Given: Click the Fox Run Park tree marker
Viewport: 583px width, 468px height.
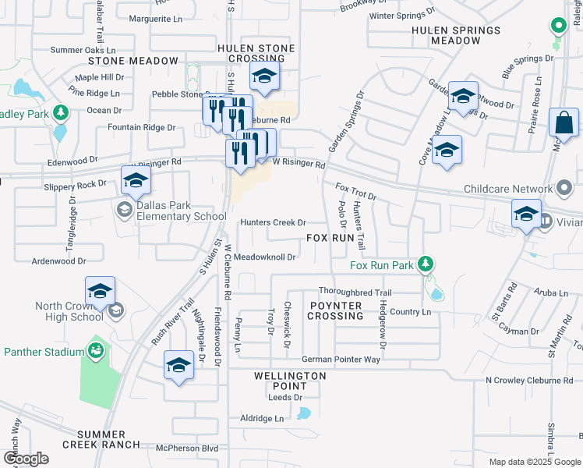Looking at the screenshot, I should (x=425, y=264).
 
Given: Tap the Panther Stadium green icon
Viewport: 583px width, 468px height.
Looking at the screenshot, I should (x=96, y=351).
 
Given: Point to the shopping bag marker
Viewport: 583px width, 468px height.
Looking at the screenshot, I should (x=564, y=125).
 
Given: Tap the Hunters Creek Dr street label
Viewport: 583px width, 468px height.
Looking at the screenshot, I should (x=272, y=222).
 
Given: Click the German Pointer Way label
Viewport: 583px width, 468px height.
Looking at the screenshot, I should (x=341, y=359).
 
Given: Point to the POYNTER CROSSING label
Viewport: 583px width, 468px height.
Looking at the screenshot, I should (x=335, y=310).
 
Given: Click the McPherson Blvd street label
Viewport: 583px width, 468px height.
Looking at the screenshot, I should (x=186, y=448).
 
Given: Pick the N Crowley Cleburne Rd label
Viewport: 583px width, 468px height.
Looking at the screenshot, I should (x=528, y=380).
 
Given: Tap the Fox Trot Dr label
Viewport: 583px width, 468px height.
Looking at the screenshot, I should (x=355, y=191).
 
